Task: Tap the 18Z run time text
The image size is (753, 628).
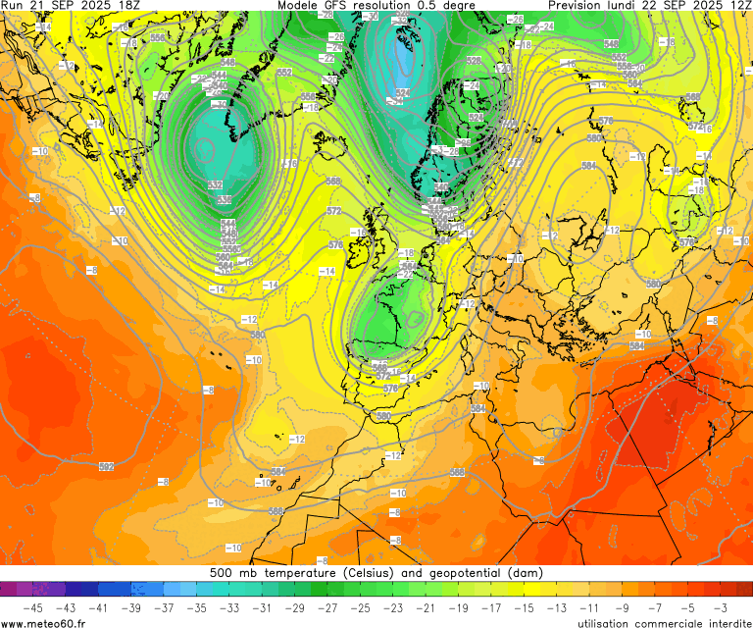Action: tap(126, 6)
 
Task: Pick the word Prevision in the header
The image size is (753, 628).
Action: tap(578, 6)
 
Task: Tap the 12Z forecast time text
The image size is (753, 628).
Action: tap(738, 6)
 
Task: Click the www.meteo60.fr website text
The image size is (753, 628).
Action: tap(43, 622)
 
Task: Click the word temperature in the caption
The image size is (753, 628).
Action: tap(291, 572)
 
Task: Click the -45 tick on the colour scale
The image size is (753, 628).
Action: tap(32, 608)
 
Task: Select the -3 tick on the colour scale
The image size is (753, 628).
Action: tap(721, 608)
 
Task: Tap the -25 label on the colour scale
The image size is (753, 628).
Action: tap(361, 608)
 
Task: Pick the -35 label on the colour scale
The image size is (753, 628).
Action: tap(197, 608)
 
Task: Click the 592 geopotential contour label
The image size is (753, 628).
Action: tap(106, 466)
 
